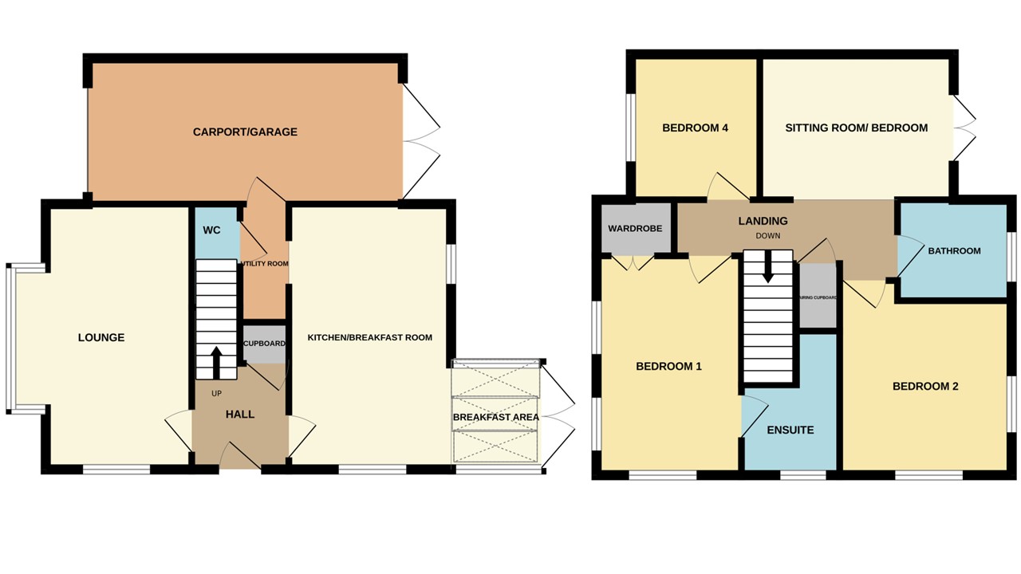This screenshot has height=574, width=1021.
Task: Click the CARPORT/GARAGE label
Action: coord(245,132)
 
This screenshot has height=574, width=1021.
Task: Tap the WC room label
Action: coord(211,230)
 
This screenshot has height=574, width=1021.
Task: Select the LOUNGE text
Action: coord(101,337)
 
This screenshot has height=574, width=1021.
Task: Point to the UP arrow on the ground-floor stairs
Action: coord(216,362)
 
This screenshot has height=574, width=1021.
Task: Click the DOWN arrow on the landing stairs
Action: coord(768,266)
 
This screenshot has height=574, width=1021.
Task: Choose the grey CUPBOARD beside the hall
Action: coord(264,344)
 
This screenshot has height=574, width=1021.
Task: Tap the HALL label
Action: coord(239,415)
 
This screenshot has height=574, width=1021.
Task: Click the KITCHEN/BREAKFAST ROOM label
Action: coord(370,337)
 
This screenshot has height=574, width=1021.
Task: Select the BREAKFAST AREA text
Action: coord(495,417)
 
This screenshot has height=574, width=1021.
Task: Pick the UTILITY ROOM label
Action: coord(264,263)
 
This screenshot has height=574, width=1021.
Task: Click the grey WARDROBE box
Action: coord(635,229)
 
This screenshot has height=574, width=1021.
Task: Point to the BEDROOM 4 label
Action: coord(696,128)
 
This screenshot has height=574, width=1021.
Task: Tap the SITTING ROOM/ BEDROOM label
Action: coord(856,128)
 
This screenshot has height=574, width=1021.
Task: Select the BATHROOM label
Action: coord(954,251)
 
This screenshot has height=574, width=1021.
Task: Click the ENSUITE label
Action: coord(790,430)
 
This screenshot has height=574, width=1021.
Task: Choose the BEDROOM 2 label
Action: coord(925,386)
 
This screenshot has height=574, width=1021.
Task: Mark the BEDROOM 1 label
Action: coord(668,367)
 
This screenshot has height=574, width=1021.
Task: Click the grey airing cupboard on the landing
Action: coord(818,297)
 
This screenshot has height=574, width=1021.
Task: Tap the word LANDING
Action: coord(763,221)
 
